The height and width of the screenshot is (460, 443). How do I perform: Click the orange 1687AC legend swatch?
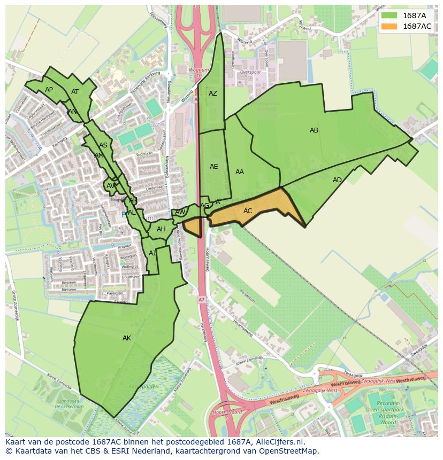(389, 26)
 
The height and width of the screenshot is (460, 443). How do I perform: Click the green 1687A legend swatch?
(389, 15)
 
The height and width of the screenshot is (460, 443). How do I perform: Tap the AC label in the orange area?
(248, 211)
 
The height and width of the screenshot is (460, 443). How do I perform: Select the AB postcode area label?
(314, 130)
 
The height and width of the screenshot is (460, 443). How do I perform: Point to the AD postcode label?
(337, 180)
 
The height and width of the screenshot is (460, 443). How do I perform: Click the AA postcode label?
(240, 172)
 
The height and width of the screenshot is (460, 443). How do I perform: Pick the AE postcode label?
(213, 167)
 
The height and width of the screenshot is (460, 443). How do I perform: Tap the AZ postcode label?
(213, 93)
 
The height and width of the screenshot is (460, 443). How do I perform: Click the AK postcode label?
(127, 338)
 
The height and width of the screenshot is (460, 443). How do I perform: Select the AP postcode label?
(49, 90)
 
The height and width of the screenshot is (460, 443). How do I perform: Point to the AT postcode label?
(75, 92)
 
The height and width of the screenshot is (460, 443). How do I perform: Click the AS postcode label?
(103, 145)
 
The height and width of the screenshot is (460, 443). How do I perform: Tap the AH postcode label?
(161, 229)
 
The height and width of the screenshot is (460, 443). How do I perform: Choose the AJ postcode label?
(152, 253)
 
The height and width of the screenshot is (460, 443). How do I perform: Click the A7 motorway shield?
(201, 300)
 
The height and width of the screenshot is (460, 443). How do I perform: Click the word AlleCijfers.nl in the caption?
(278, 442)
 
